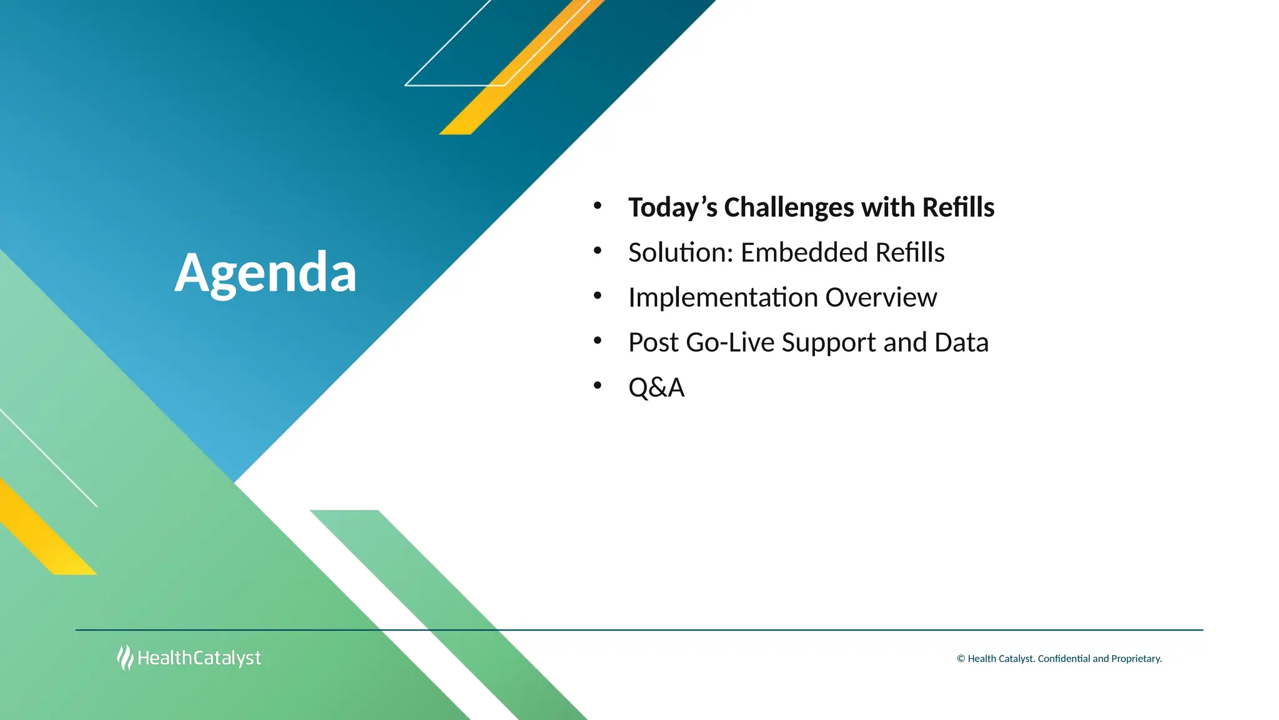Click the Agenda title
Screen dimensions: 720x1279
tap(265, 272)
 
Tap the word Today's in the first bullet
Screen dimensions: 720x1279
tap(672, 207)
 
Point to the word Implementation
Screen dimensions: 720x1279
tap(723, 297)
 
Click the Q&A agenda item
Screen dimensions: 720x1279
tap(656, 387)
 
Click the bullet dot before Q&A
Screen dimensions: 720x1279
tap(598, 386)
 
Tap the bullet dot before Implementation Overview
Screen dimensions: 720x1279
tap(598, 296)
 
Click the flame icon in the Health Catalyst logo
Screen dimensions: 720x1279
tap(125, 657)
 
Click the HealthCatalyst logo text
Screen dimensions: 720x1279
tap(199, 658)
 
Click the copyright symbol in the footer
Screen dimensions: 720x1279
tap(961, 659)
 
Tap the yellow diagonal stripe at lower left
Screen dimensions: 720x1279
tap(44, 531)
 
